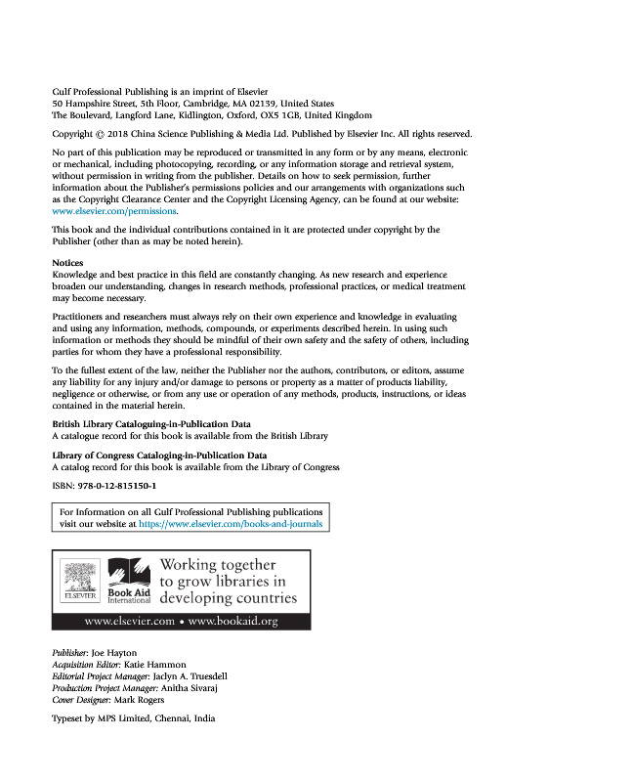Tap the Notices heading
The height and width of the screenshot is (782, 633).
(x=67, y=263)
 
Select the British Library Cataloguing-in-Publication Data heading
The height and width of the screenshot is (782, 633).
(x=151, y=423)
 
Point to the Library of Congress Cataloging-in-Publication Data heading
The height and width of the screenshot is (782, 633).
(x=158, y=456)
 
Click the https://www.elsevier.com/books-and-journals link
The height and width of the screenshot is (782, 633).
(x=231, y=524)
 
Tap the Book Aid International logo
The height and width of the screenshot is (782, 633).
(x=124, y=582)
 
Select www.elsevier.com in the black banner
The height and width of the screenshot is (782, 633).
(x=128, y=621)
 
